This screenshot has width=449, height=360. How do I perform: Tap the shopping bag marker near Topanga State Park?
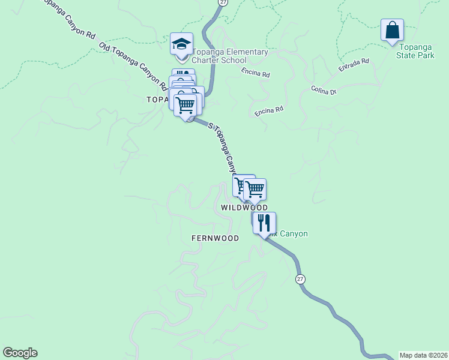392,30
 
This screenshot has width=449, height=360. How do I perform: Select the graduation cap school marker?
181,44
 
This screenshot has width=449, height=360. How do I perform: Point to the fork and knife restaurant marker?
264,223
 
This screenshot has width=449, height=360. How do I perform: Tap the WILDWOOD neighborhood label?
244,207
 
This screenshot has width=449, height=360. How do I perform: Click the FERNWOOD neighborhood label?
215,238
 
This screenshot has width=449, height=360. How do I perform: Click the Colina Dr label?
325,90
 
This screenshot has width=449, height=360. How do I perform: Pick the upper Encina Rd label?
256,74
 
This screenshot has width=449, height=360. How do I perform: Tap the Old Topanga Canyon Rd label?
133,67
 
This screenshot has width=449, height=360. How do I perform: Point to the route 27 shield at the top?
223,3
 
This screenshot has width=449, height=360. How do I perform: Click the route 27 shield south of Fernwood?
300,279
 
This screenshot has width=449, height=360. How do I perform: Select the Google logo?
20,353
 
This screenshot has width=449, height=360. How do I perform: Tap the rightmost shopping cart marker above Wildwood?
255,190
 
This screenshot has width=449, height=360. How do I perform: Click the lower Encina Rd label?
268,111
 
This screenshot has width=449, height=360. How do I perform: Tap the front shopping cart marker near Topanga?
186,105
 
